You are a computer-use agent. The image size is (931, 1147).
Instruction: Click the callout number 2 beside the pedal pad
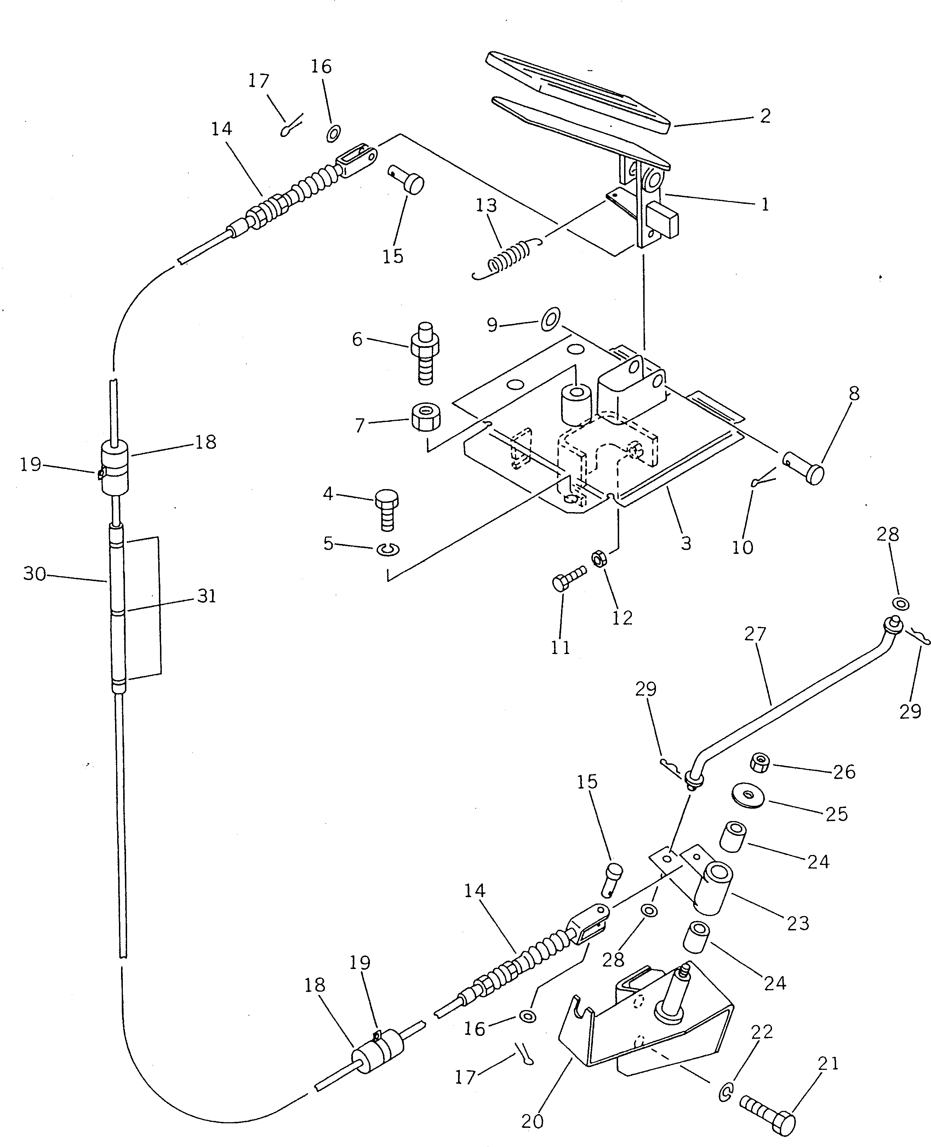(x=765, y=116)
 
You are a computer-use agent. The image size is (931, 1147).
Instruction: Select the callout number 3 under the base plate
(x=686, y=543)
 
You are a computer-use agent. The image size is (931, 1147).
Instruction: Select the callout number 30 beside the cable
(x=35, y=574)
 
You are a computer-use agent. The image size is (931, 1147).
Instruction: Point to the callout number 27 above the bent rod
(x=756, y=634)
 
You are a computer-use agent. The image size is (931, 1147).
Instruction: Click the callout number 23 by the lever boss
(x=798, y=923)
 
